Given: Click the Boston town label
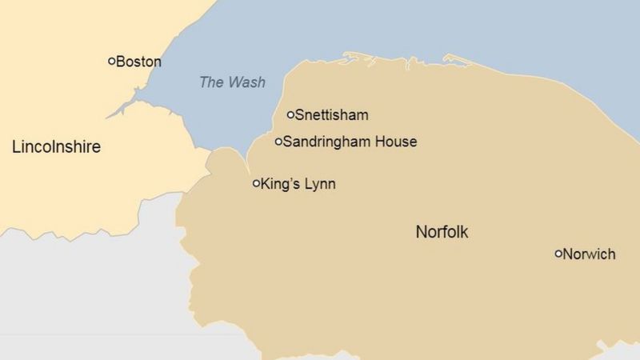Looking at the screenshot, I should (x=139, y=62).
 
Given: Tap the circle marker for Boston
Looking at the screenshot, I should (x=112, y=61).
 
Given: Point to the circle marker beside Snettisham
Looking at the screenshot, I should (x=291, y=114).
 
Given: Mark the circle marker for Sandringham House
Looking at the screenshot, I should (x=279, y=142).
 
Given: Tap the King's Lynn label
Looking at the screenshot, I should (x=298, y=185).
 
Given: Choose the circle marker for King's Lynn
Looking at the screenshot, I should (x=257, y=183).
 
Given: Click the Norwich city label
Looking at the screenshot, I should (x=590, y=254).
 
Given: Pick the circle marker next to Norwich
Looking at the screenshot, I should (x=559, y=254).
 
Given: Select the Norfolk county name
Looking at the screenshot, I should (x=442, y=233).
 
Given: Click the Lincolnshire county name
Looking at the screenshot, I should (x=56, y=147).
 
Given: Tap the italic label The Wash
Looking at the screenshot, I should (x=232, y=82).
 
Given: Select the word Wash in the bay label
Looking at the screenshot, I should (x=246, y=82).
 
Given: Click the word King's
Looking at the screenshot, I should (x=279, y=185).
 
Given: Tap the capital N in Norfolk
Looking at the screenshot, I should (x=421, y=233).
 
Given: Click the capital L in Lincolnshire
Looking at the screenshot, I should (x=16, y=147).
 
